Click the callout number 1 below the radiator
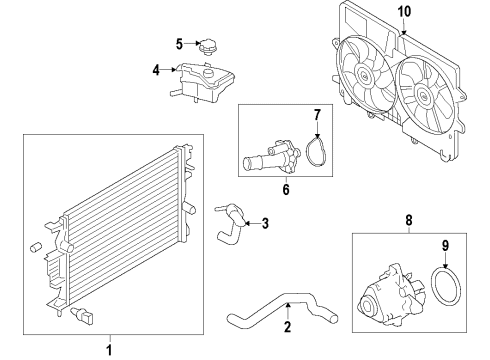[x=109, y=349]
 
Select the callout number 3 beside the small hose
[x=265, y=224]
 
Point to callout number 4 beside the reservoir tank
[x=156, y=70]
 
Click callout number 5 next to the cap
[x=180, y=43]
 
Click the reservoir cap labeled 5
[x=209, y=47]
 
